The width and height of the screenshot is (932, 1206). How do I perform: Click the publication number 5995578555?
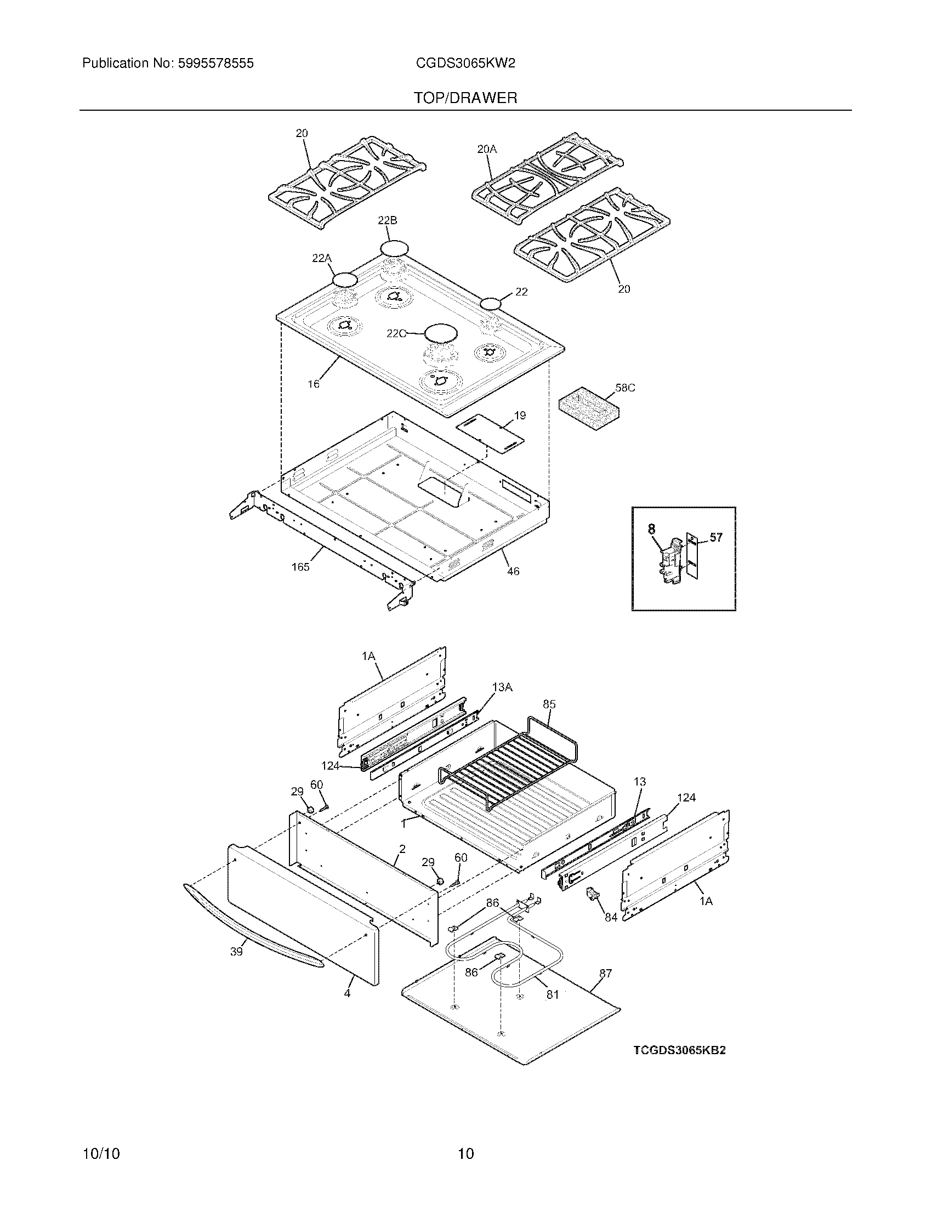click(215, 64)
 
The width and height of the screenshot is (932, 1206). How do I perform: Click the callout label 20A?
click(486, 149)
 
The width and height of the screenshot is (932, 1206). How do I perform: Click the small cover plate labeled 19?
click(489, 437)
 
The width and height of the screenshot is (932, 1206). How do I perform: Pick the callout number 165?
click(300, 567)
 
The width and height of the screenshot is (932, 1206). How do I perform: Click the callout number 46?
click(513, 572)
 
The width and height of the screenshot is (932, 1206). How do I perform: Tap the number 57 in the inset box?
click(715, 537)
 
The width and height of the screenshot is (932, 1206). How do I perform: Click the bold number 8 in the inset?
click(651, 529)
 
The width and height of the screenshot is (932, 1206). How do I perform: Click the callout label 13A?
click(502, 687)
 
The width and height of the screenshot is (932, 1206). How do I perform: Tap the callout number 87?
click(606, 974)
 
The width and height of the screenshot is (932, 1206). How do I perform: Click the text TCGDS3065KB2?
click(679, 1050)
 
